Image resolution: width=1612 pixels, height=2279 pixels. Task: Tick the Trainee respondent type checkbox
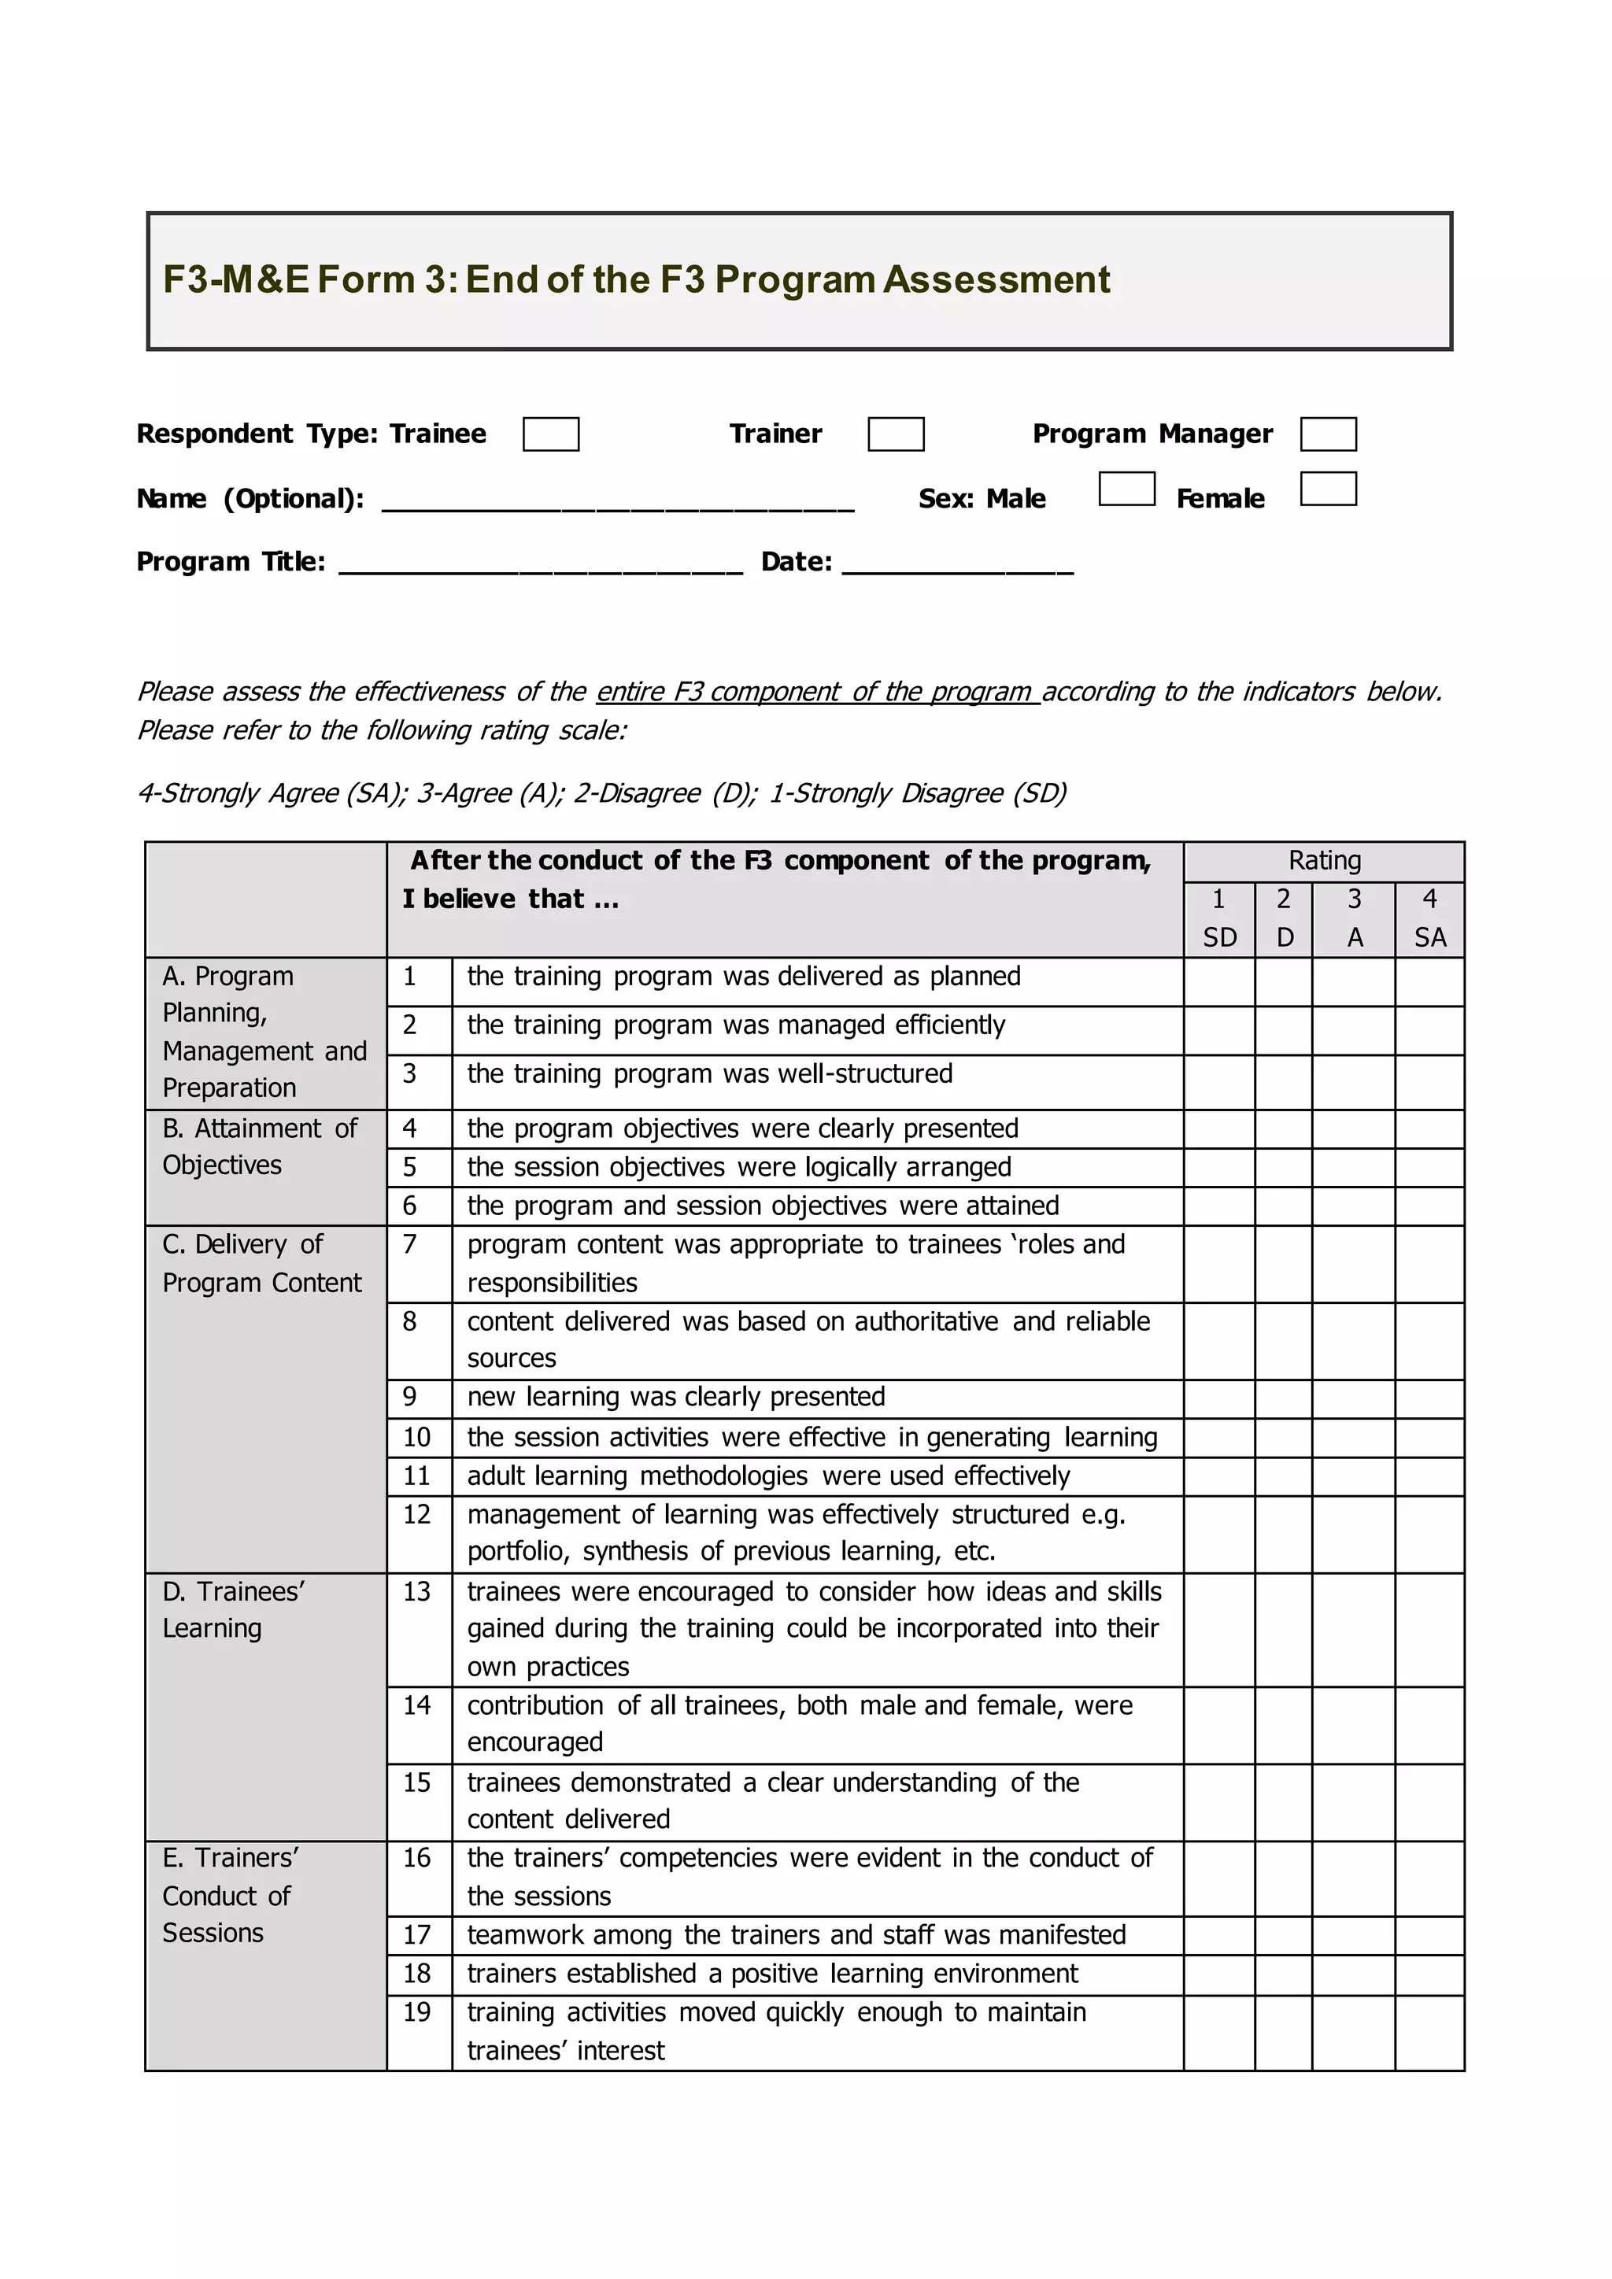click(x=551, y=434)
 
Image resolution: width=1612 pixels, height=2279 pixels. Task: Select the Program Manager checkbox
click(x=1328, y=434)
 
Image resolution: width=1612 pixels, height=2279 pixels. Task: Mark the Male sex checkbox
click(x=1126, y=489)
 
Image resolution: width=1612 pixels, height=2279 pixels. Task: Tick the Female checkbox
click(x=1328, y=489)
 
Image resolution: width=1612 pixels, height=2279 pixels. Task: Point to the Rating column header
click(x=1324, y=861)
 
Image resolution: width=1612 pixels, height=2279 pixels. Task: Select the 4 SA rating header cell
click(x=1429, y=919)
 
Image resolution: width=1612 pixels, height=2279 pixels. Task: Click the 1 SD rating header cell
click(x=1219, y=919)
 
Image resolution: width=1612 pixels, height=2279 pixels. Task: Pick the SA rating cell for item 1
click(x=1429, y=981)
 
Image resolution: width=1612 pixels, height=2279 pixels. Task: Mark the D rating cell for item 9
click(x=1284, y=1398)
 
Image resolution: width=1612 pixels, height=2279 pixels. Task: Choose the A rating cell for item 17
click(x=1353, y=1936)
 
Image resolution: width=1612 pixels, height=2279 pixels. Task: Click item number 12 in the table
click(x=417, y=1515)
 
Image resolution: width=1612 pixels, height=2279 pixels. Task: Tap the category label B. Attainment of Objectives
click(x=260, y=1147)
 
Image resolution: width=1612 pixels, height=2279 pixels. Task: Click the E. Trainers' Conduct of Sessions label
click(x=231, y=1895)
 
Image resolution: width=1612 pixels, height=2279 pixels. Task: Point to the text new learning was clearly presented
click(x=676, y=1398)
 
